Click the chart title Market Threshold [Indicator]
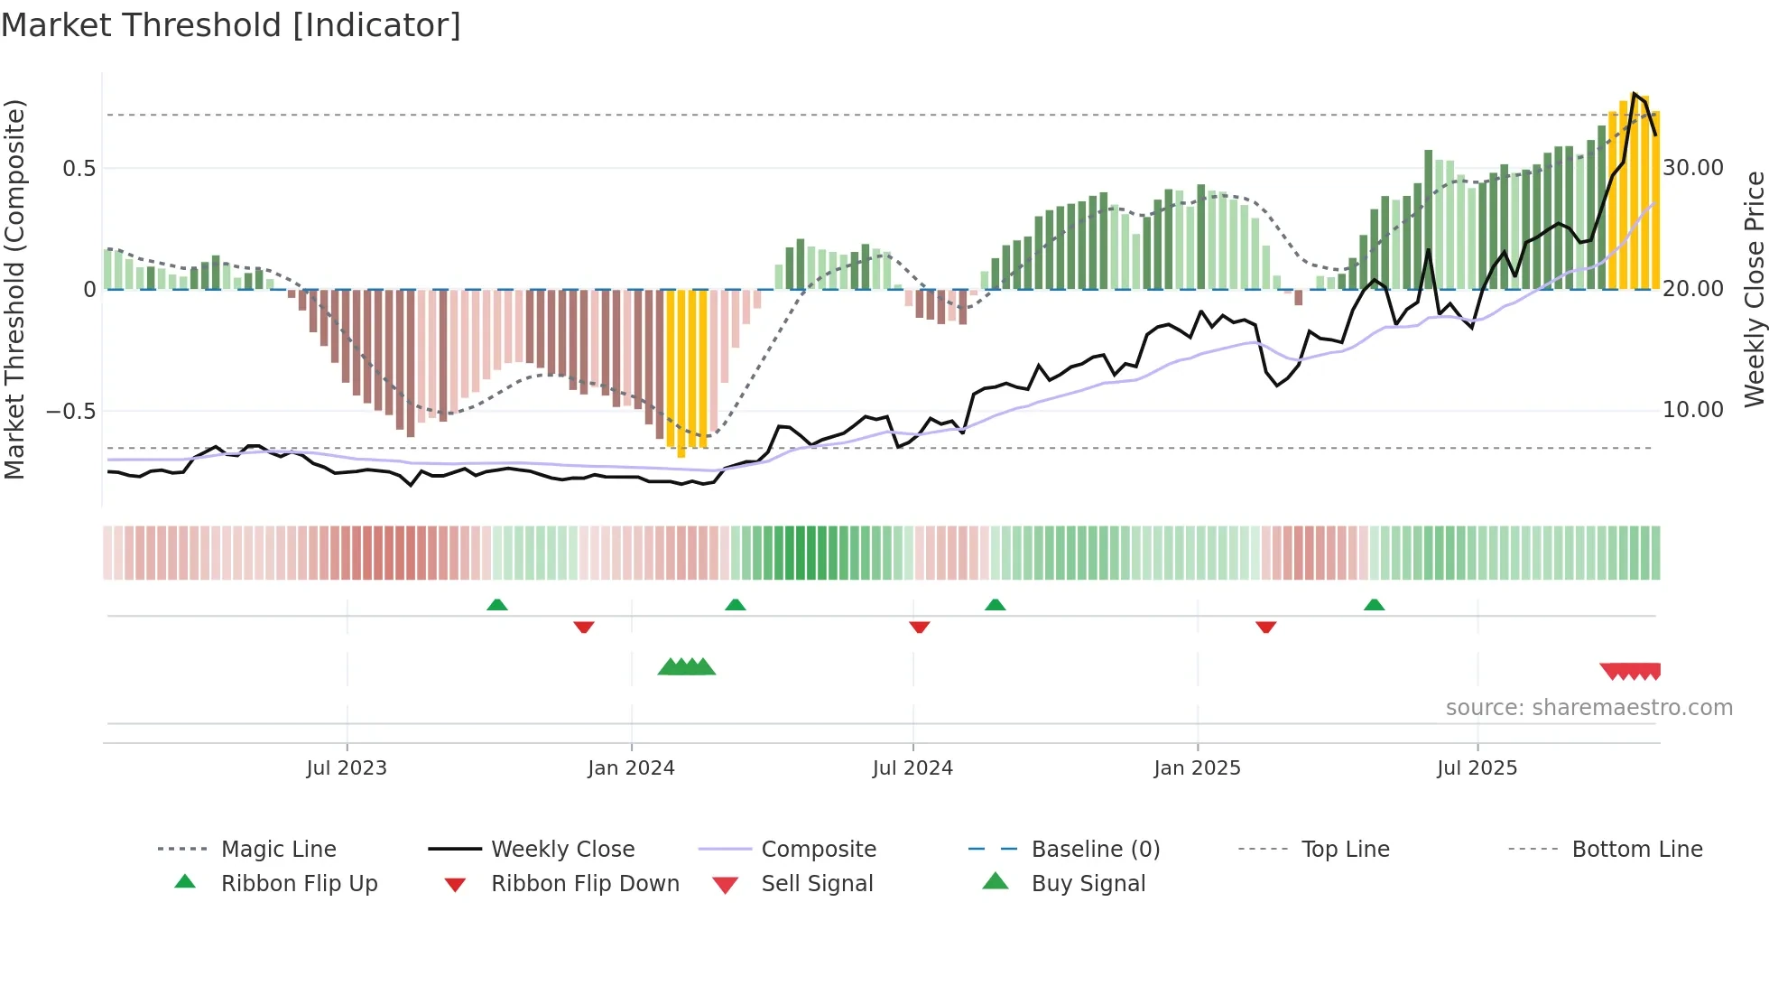pyautogui.click(x=231, y=25)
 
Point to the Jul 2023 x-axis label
pyautogui.click(x=347, y=768)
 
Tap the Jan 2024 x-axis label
pyautogui.click(x=631, y=768)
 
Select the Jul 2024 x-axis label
pyautogui.click(x=912, y=768)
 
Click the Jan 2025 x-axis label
pyautogui.click(x=1197, y=768)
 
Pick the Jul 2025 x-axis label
pyautogui.click(x=1477, y=768)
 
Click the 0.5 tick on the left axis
pyautogui.click(x=79, y=169)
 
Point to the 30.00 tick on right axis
pyautogui.click(x=1693, y=168)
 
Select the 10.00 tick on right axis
pyautogui.click(x=1693, y=410)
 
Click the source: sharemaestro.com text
pyautogui.click(x=1588, y=708)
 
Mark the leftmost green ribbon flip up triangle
pyautogui.click(x=496, y=605)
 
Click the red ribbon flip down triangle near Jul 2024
pyautogui.click(x=920, y=627)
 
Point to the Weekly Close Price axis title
pyautogui.click(x=1754, y=289)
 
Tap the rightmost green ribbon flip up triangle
pyautogui.click(x=1374, y=605)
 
